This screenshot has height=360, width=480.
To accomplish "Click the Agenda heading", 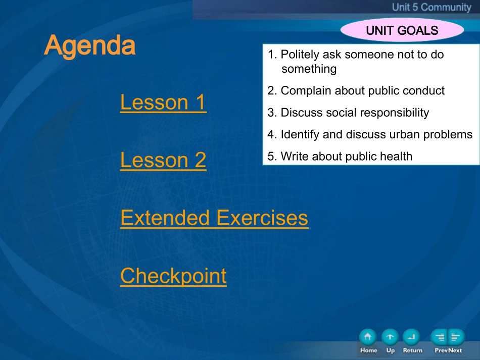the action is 90,45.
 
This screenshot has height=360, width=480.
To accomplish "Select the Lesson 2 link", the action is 163,160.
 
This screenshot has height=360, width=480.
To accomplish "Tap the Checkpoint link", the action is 173,276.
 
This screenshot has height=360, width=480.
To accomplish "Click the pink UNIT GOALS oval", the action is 402,30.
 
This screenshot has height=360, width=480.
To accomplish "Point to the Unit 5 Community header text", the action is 431,7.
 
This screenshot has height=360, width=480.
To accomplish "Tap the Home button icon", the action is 368,337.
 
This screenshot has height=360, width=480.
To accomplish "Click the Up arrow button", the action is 390,337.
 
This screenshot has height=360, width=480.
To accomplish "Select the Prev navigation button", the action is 439,337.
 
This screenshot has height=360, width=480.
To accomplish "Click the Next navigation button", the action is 456,337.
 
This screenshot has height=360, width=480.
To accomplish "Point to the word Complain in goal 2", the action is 306,91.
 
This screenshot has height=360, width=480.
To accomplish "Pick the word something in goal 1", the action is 309,69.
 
